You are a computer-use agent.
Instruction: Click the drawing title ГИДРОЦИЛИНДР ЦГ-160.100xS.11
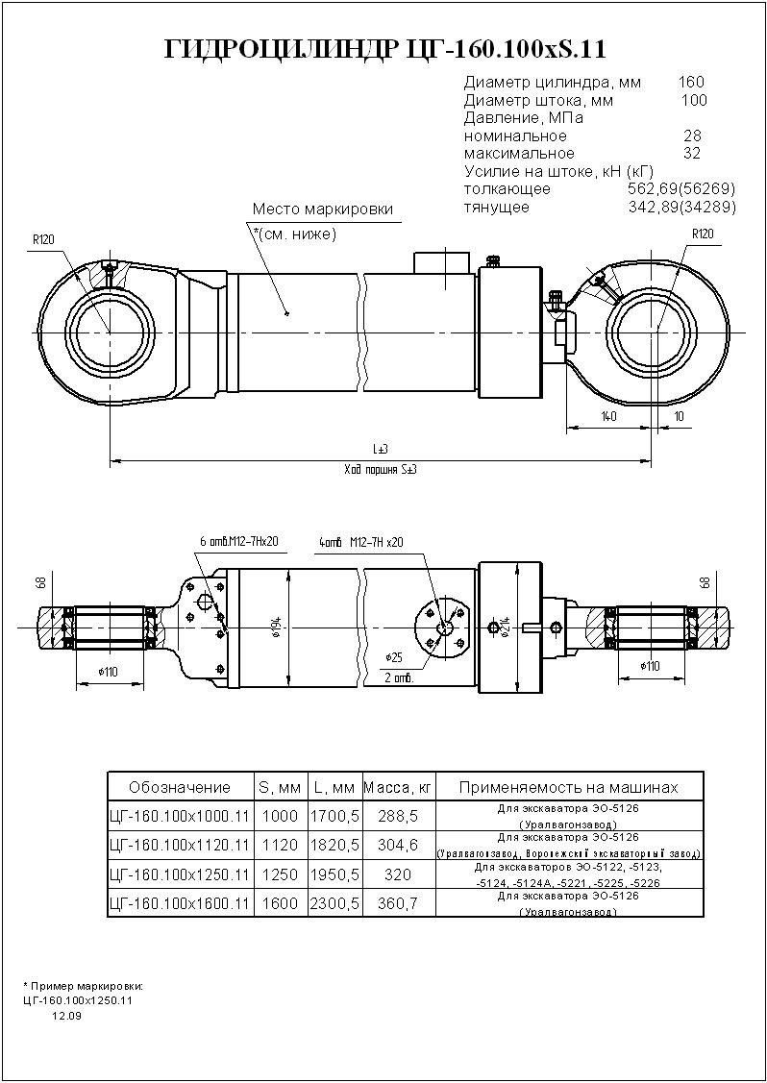coord(385,49)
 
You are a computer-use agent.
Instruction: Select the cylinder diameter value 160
coord(691,82)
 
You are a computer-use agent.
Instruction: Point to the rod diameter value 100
coord(693,100)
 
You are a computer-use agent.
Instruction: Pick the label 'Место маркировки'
coord(322,209)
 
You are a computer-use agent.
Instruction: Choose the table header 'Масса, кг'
coord(399,788)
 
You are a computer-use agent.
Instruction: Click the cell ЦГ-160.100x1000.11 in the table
coord(180,816)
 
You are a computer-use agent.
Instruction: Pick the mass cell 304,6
coord(399,846)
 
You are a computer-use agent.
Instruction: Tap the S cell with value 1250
coord(280,875)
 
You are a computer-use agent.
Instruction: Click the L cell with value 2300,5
coord(334,904)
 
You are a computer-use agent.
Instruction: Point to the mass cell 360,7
coord(399,904)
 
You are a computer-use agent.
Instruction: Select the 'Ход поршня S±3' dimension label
coord(381,470)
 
